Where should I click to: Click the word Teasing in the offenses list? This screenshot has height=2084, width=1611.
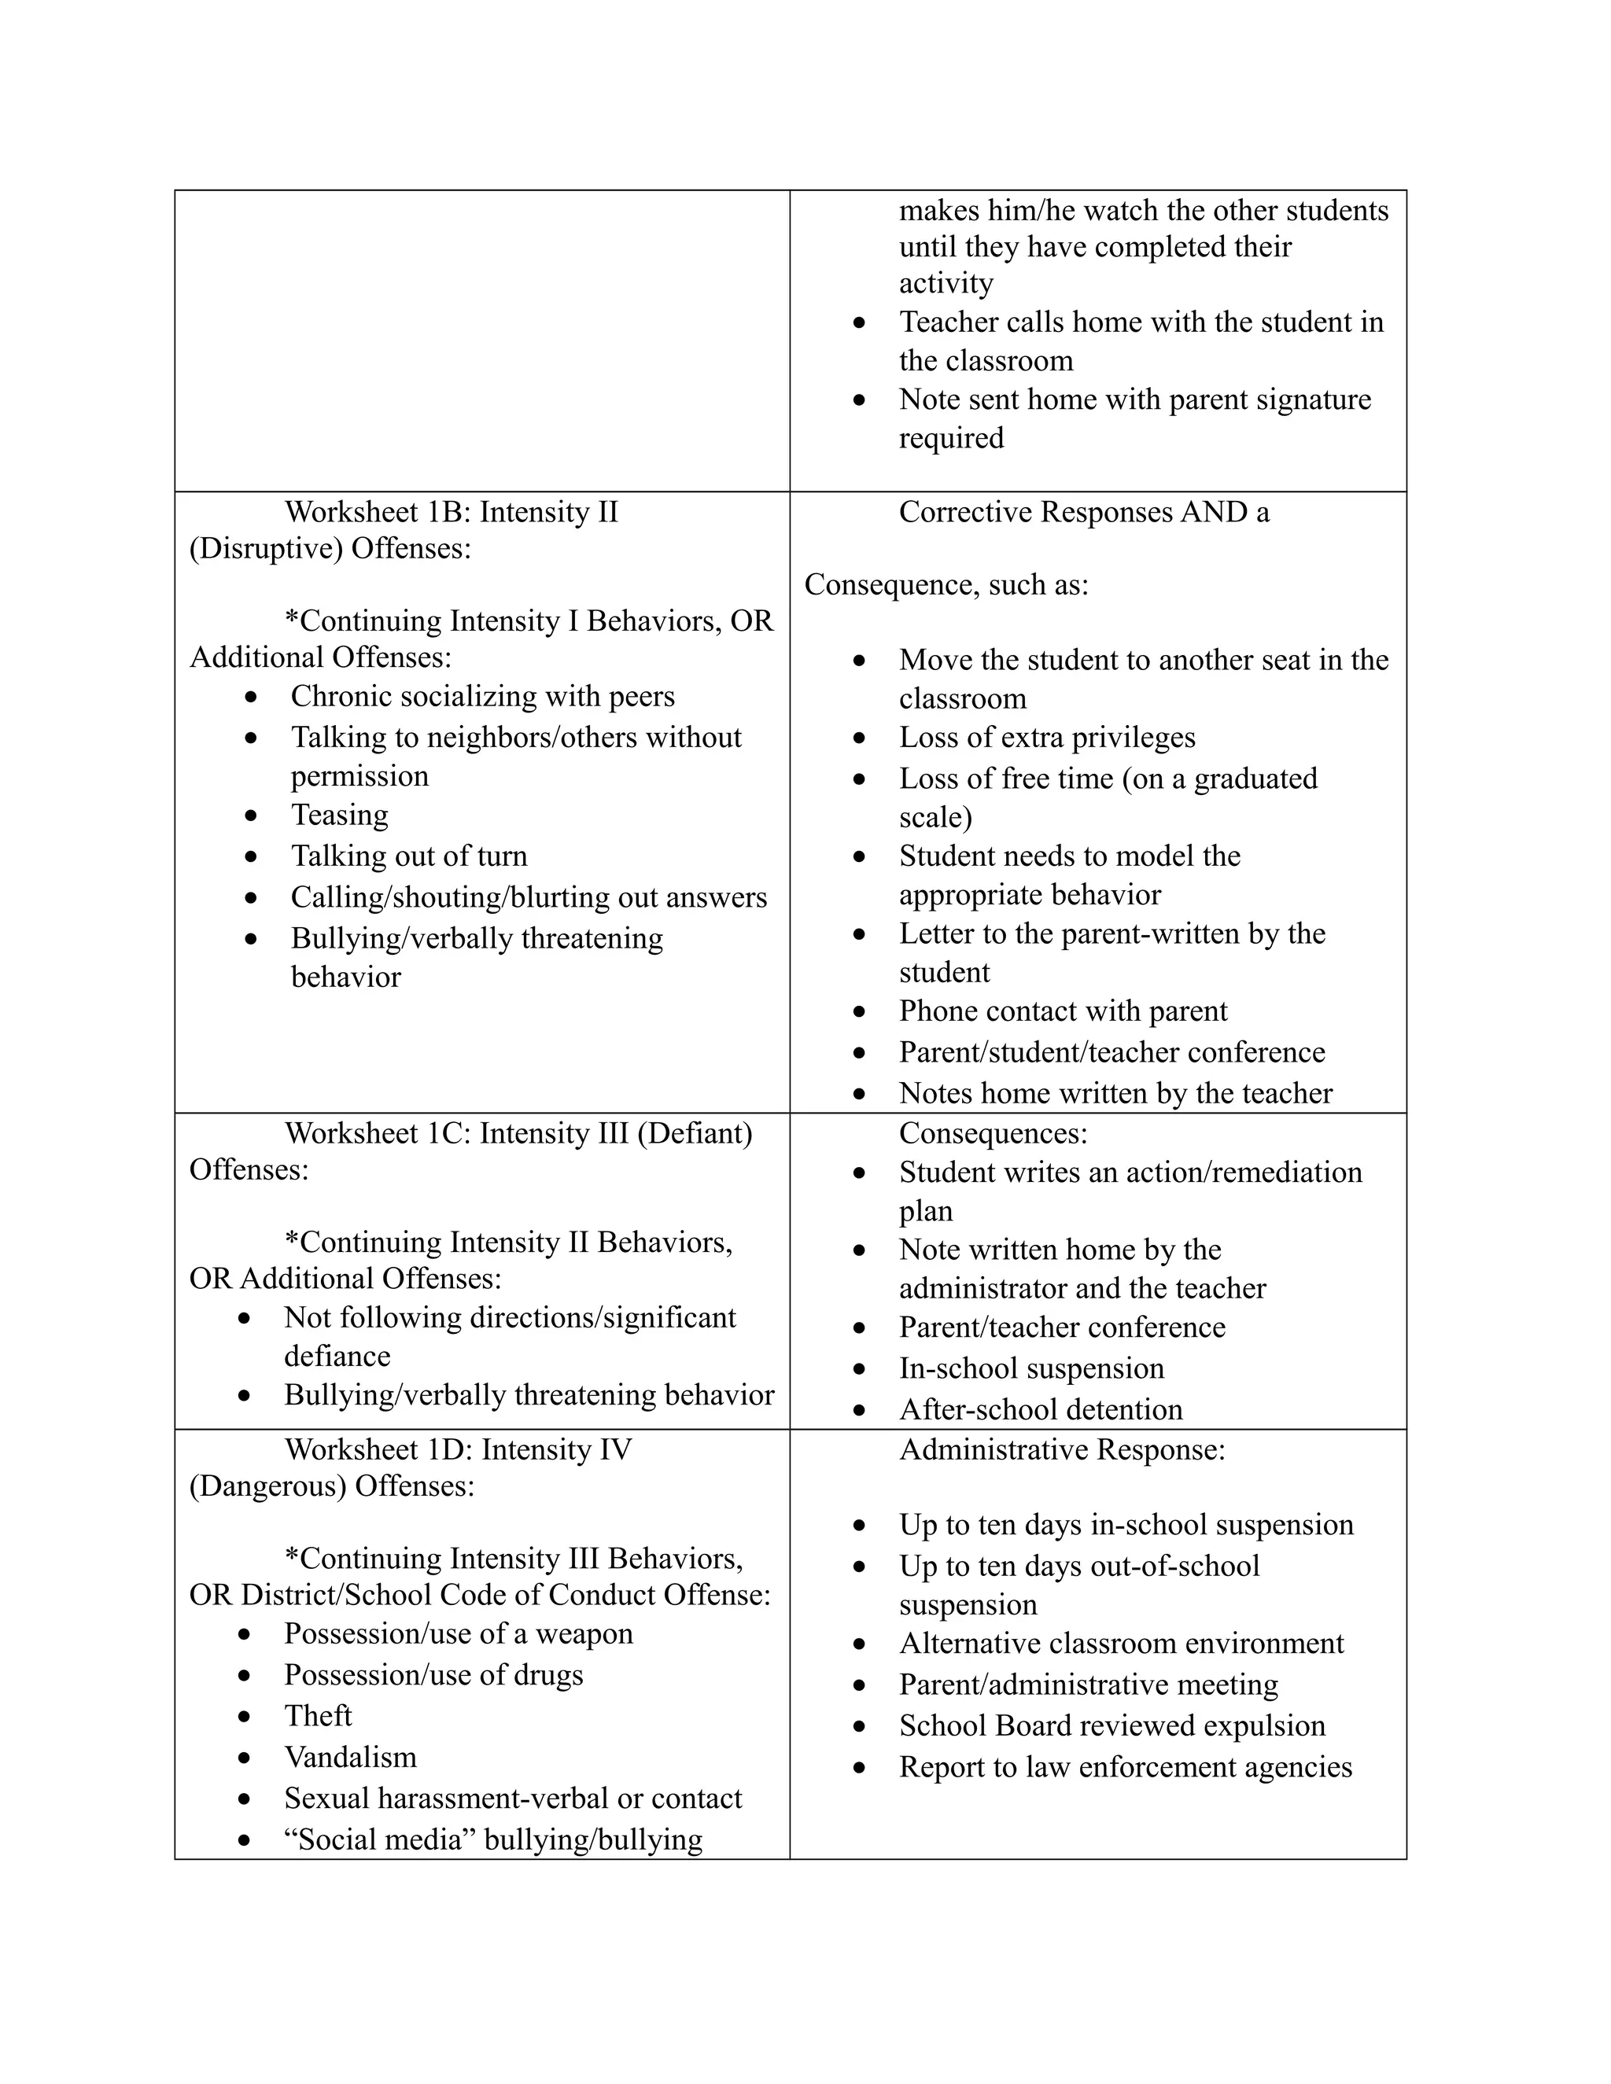pyautogui.click(x=340, y=815)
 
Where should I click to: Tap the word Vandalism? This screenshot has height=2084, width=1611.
pyautogui.click(x=350, y=1757)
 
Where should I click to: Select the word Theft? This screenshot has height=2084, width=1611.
pyautogui.click(x=318, y=1716)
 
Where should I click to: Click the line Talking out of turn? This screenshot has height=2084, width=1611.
pyautogui.click(x=408, y=856)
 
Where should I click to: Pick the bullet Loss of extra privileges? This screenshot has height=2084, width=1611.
pyautogui.click(x=1046, y=738)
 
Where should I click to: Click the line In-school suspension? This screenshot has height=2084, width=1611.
pyautogui.click(x=1030, y=1368)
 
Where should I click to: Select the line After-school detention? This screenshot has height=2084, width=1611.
pyautogui.click(x=1040, y=1409)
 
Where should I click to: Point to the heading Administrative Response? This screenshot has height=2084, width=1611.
pyautogui.click(x=1061, y=1450)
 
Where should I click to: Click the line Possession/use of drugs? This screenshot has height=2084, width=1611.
pyautogui.click(x=433, y=1674)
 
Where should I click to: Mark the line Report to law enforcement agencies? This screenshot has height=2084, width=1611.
pyautogui.click(x=1125, y=1767)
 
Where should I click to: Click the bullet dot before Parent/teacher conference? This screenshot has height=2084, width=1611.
pyautogui.click(x=860, y=1328)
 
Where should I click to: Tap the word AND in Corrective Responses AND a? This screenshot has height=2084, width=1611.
pyautogui.click(x=1213, y=513)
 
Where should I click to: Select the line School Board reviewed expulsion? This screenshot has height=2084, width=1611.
pyautogui.click(x=1111, y=1726)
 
